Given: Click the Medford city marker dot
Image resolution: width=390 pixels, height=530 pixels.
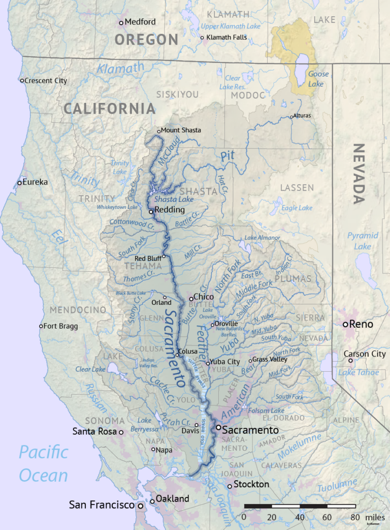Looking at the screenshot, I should [121, 22].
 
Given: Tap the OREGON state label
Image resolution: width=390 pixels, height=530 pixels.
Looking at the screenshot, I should [146, 40].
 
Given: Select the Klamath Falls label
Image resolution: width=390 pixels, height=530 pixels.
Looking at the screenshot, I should [226, 38].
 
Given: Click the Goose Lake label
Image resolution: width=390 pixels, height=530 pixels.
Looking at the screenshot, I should [318, 79].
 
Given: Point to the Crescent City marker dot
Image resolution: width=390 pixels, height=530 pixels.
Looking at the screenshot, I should [22, 81].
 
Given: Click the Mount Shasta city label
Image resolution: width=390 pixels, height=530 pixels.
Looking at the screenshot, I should [181, 130].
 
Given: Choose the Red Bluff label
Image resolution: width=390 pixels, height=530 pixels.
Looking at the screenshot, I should [147, 259].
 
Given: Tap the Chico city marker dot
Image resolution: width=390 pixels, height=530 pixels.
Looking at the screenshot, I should [191, 298].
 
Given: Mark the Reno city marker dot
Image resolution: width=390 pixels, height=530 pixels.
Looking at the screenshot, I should [345, 324].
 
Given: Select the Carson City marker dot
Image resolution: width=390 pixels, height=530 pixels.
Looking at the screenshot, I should [350, 360].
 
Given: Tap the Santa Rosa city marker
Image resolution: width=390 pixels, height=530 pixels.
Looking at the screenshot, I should [121, 432].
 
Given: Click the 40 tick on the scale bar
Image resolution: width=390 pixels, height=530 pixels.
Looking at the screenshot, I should [299, 517].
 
